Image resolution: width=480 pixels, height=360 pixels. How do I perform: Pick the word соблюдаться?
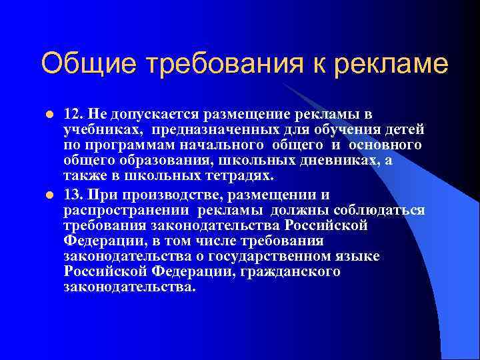(381, 210)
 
